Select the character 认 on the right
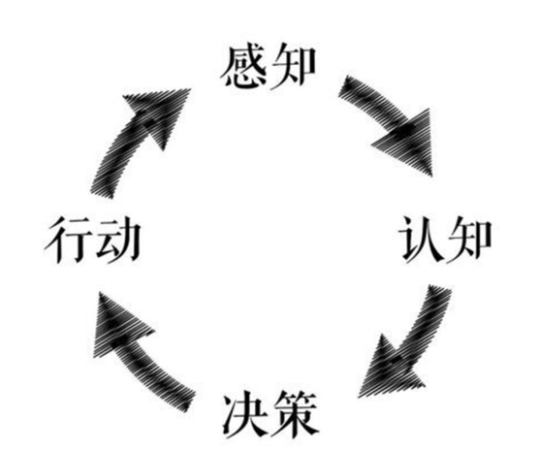(x=422, y=240)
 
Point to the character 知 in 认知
(x=469, y=240)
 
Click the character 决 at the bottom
(x=246, y=415)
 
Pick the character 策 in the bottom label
(x=295, y=415)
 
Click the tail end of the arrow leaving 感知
(x=345, y=86)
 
